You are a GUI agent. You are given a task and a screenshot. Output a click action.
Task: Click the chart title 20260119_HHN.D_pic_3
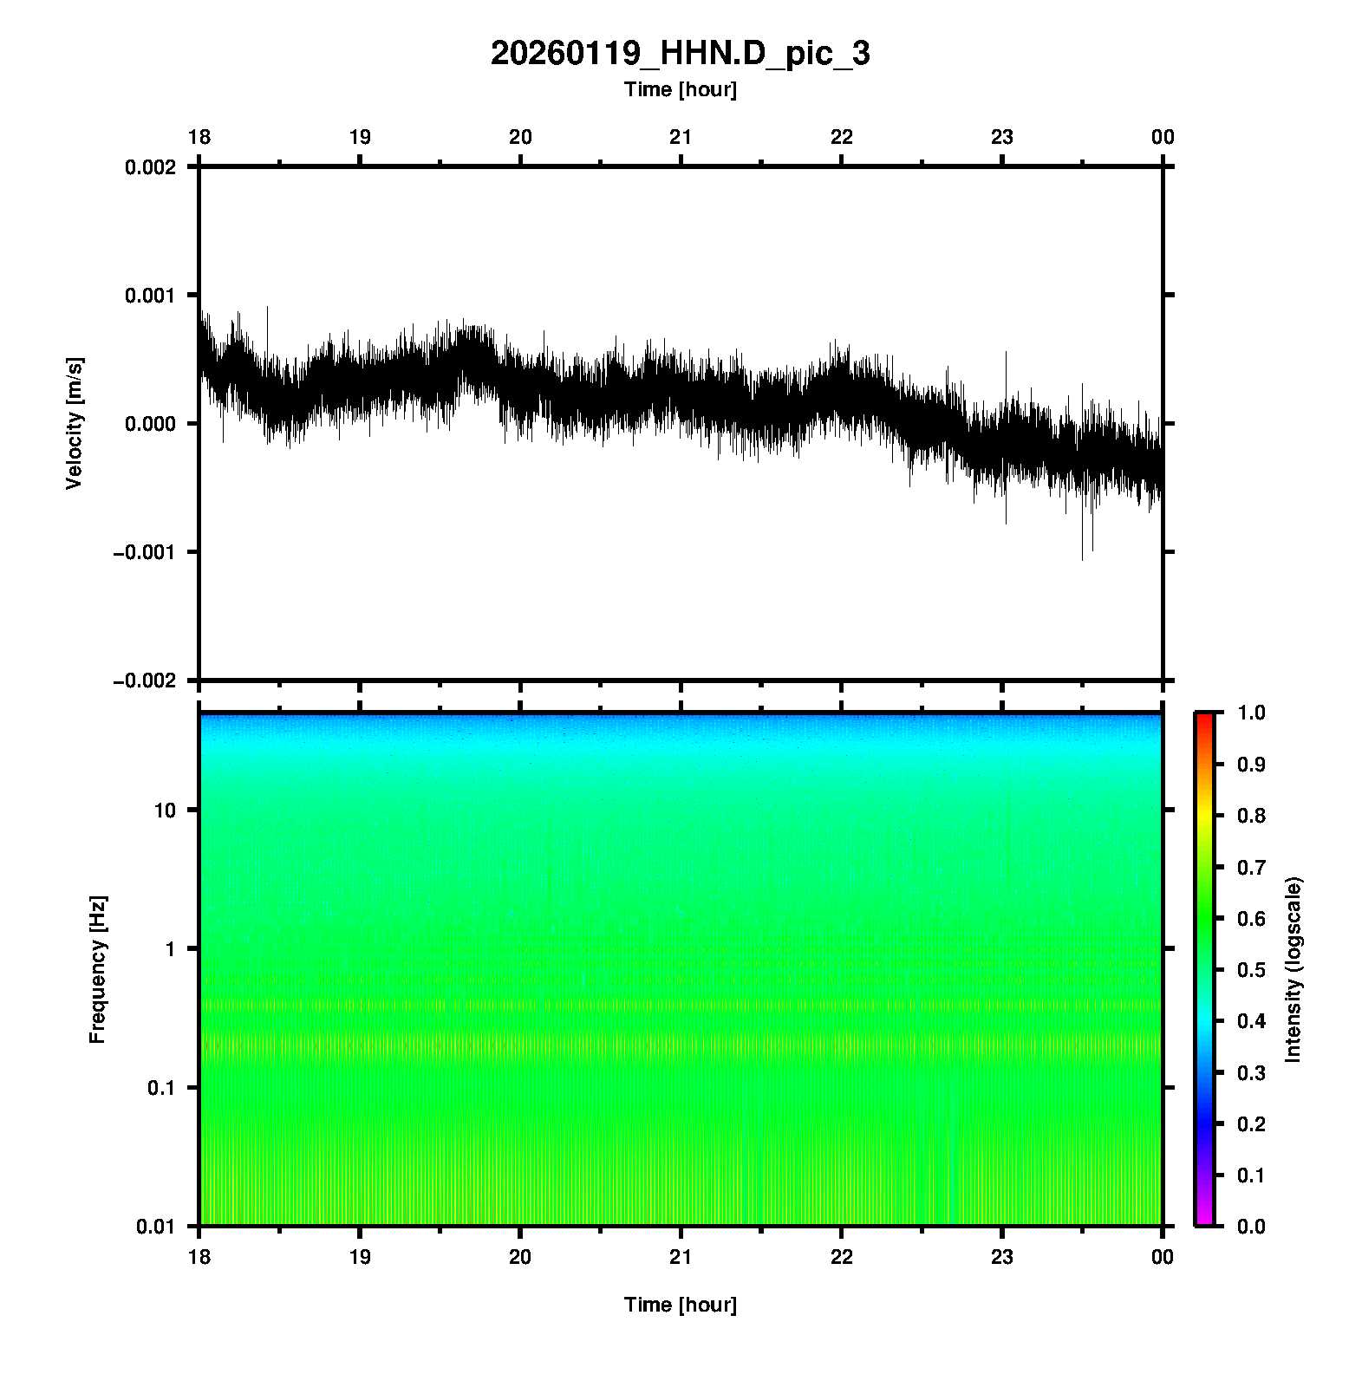point(680,54)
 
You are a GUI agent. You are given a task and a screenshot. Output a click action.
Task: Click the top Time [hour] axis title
point(680,89)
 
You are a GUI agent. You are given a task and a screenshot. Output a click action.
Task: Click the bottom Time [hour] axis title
point(680,1305)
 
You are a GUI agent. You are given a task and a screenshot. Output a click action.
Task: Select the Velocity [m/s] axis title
point(75,423)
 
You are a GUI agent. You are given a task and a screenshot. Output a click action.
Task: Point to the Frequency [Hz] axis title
point(97,970)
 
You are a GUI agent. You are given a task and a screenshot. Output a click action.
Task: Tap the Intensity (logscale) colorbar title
point(1294,970)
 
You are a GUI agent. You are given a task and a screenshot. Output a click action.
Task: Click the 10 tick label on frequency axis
point(164,811)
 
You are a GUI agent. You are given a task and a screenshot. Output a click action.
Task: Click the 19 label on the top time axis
point(360,137)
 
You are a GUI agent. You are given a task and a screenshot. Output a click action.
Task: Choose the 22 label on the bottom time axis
point(842,1257)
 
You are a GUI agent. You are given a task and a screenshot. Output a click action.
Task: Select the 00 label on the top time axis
point(1163,137)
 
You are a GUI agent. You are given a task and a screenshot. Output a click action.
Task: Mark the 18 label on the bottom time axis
point(199,1257)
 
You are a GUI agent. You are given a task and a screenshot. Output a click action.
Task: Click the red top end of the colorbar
point(1203,718)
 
